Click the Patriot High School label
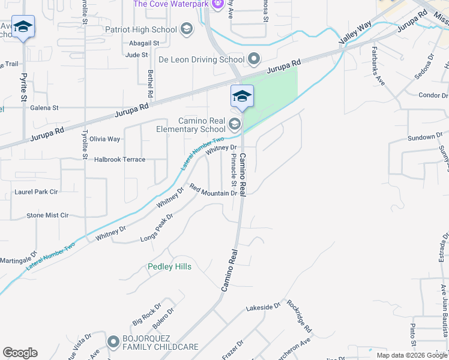pos(140,29)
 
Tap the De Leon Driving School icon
pos(255,59)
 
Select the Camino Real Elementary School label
pos(190,125)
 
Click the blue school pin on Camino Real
pos(242,97)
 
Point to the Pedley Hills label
pos(170,266)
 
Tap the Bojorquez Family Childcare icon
pos(113,342)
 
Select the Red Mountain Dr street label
pos(213,191)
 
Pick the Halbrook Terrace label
pos(120,160)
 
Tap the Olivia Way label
pos(105,139)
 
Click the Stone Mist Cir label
pos(47,215)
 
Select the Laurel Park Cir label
pos(36,192)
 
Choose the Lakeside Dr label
pos(263,307)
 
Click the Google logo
pos(20,353)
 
